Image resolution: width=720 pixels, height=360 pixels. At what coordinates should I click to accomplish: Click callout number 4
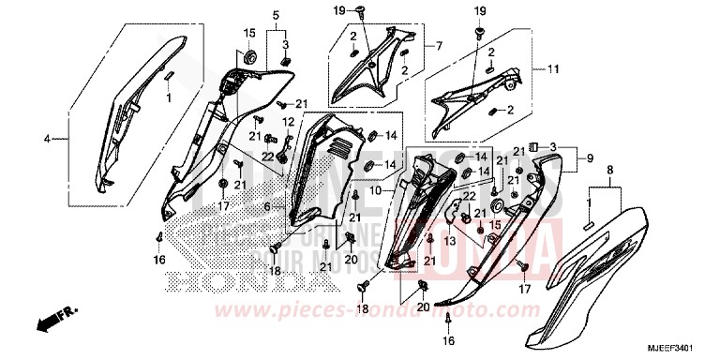[x=46, y=139]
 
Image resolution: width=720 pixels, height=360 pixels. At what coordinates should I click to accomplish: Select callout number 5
[x=276, y=16]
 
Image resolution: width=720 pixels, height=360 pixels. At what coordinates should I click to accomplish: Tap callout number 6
[x=268, y=207]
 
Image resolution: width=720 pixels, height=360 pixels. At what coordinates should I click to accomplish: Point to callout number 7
[x=437, y=45]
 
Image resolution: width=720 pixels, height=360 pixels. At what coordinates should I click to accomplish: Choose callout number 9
[x=590, y=159]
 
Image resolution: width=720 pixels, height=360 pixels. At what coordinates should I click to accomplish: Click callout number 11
[x=553, y=68]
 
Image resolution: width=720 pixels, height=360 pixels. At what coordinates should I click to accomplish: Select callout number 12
[x=263, y=122]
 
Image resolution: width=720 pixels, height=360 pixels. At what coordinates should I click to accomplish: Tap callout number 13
[x=450, y=241]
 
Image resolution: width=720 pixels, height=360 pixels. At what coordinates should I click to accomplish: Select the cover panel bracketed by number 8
[x=600, y=272]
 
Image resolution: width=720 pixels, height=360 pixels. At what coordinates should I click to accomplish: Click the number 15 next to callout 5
[x=250, y=34]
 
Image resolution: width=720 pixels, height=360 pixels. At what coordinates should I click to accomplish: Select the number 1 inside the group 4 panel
[x=170, y=97]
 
